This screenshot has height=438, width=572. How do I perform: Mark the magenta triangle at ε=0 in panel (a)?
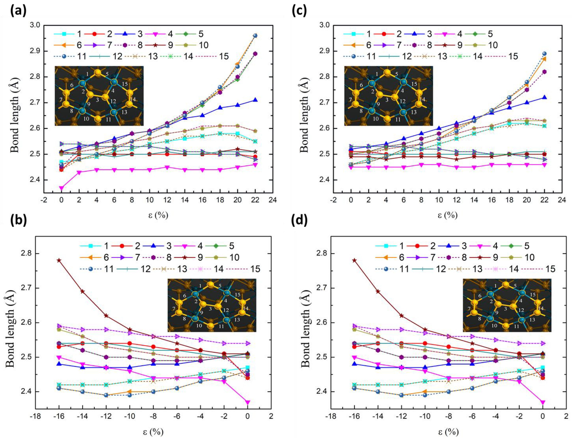point(62,188)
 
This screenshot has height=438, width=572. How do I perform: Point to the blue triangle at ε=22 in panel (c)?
point(544,97)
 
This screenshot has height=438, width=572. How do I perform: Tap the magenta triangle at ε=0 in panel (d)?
point(543,402)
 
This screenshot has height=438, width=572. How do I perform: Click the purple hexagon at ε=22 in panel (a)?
point(255,54)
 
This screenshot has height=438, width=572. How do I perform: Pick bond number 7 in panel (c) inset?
point(351,100)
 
